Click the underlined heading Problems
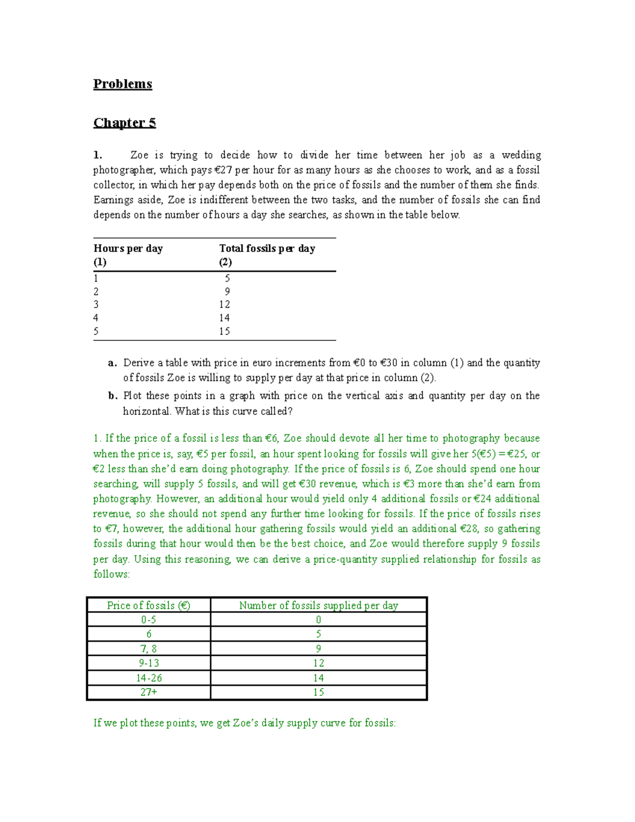coord(123,84)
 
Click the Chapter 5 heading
coord(124,123)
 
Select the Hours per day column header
coord(128,248)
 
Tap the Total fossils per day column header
coord(267,248)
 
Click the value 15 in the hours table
coord(224,331)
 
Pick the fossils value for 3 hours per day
coord(224,304)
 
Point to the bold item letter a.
coord(111,363)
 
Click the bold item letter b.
coord(112,396)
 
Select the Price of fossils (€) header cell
coord(149,606)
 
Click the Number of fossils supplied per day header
coord(319,606)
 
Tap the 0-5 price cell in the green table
coord(149,620)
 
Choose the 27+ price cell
coord(149,692)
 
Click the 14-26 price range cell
coord(149,678)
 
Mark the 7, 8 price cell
coord(149,649)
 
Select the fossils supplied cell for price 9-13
coord(319,663)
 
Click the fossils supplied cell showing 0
coord(319,620)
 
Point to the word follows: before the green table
coord(111,574)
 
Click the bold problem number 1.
coord(97,155)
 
